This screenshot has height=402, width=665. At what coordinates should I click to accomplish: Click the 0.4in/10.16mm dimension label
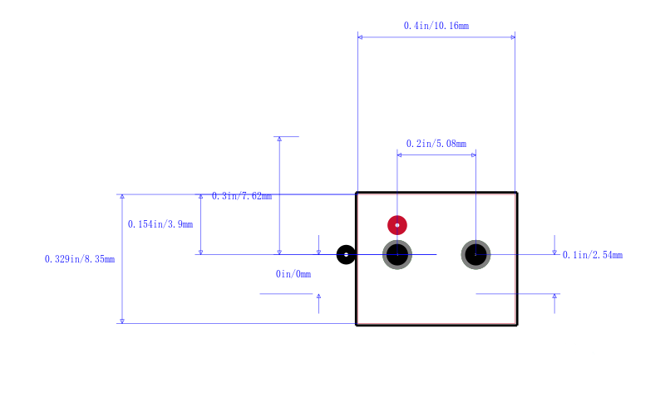pos(436,26)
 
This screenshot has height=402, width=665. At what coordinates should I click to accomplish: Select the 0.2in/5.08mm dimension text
pos(436,144)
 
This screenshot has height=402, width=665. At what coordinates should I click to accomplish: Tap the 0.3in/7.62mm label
pos(241,196)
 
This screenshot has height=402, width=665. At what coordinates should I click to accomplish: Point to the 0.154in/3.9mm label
pos(160,224)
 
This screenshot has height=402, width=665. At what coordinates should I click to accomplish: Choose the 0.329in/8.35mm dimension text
pos(79,259)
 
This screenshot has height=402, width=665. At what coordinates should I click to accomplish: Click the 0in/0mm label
pos(293,274)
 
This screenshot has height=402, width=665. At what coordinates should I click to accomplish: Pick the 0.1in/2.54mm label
pos(593,255)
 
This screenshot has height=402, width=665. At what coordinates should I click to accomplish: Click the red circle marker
pos(397,224)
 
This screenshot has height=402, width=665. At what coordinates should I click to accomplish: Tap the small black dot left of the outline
pos(346,254)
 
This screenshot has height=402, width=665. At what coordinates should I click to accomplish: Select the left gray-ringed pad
pos(397,254)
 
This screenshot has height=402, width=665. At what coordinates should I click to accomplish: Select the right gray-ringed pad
pos(475,254)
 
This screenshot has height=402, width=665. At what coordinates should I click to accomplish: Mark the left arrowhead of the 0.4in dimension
pos(360,37)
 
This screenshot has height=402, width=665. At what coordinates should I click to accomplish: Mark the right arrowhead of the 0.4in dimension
pos(513,37)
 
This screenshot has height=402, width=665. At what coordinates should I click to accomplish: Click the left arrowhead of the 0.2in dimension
pos(400,154)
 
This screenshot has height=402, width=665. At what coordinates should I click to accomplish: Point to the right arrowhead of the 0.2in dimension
pos(473,154)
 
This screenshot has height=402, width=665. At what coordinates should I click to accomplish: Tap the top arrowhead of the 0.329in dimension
pos(122,197)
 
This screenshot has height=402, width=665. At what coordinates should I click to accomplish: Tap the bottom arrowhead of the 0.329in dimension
pos(122,321)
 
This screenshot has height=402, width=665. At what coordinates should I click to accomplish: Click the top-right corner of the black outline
pos(517,194)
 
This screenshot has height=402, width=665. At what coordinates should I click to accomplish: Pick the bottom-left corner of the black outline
pos(357,324)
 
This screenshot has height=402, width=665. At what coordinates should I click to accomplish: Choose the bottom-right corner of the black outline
pos(517,324)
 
